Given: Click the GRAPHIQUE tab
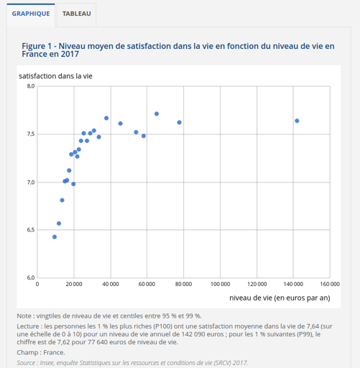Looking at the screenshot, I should pyautogui.click(x=31, y=14).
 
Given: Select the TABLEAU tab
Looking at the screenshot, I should pyautogui.click(x=77, y=14).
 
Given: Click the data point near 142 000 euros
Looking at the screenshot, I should pyautogui.click(x=297, y=121).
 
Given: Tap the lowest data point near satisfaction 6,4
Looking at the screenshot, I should pyautogui.click(x=55, y=236).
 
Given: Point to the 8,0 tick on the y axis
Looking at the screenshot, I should pyautogui.click(x=30, y=86).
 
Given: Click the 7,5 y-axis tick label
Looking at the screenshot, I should pyautogui.click(x=30, y=134).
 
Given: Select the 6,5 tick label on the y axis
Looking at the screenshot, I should pyautogui.click(x=30, y=230).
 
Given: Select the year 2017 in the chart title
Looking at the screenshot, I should pyautogui.click(x=69, y=55).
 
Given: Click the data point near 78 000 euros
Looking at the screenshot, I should pyautogui.click(x=179, y=122).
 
